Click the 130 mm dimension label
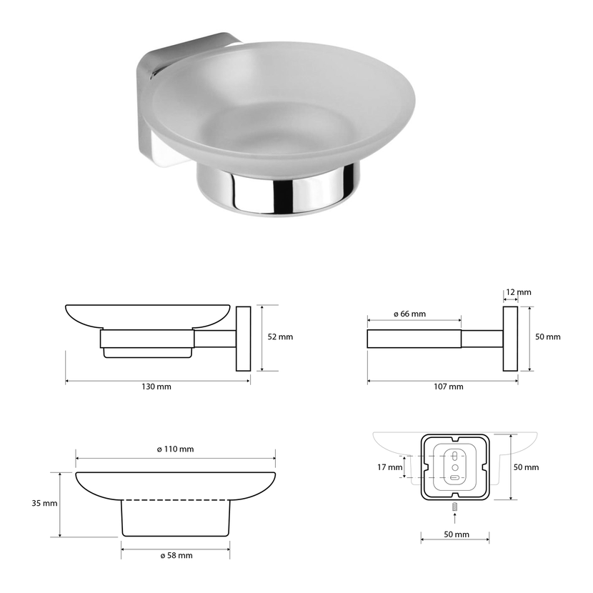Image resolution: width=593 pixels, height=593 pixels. pyautogui.click(x=156, y=387)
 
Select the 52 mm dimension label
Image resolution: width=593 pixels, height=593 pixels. pyautogui.click(x=280, y=337)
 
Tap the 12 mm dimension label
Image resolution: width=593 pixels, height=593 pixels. pyautogui.click(x=519, y=292)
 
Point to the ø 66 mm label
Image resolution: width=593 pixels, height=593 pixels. pyautogui.click(x=409, y=314)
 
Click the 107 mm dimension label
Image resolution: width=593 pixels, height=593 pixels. pyautogui.click(x=449, y=387)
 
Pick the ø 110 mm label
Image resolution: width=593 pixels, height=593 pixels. pyautogui.click(x=176, y=449)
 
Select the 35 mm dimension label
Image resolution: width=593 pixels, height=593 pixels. pyautogui.click(x=44, y=503)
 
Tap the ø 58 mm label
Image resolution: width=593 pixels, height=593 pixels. pyautogui.click(x=176, y=555)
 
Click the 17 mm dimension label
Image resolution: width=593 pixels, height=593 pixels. pyautogui.click(x=389, y=467)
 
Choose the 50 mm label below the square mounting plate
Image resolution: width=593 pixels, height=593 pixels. pyautogui.click(x=457, y=534)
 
